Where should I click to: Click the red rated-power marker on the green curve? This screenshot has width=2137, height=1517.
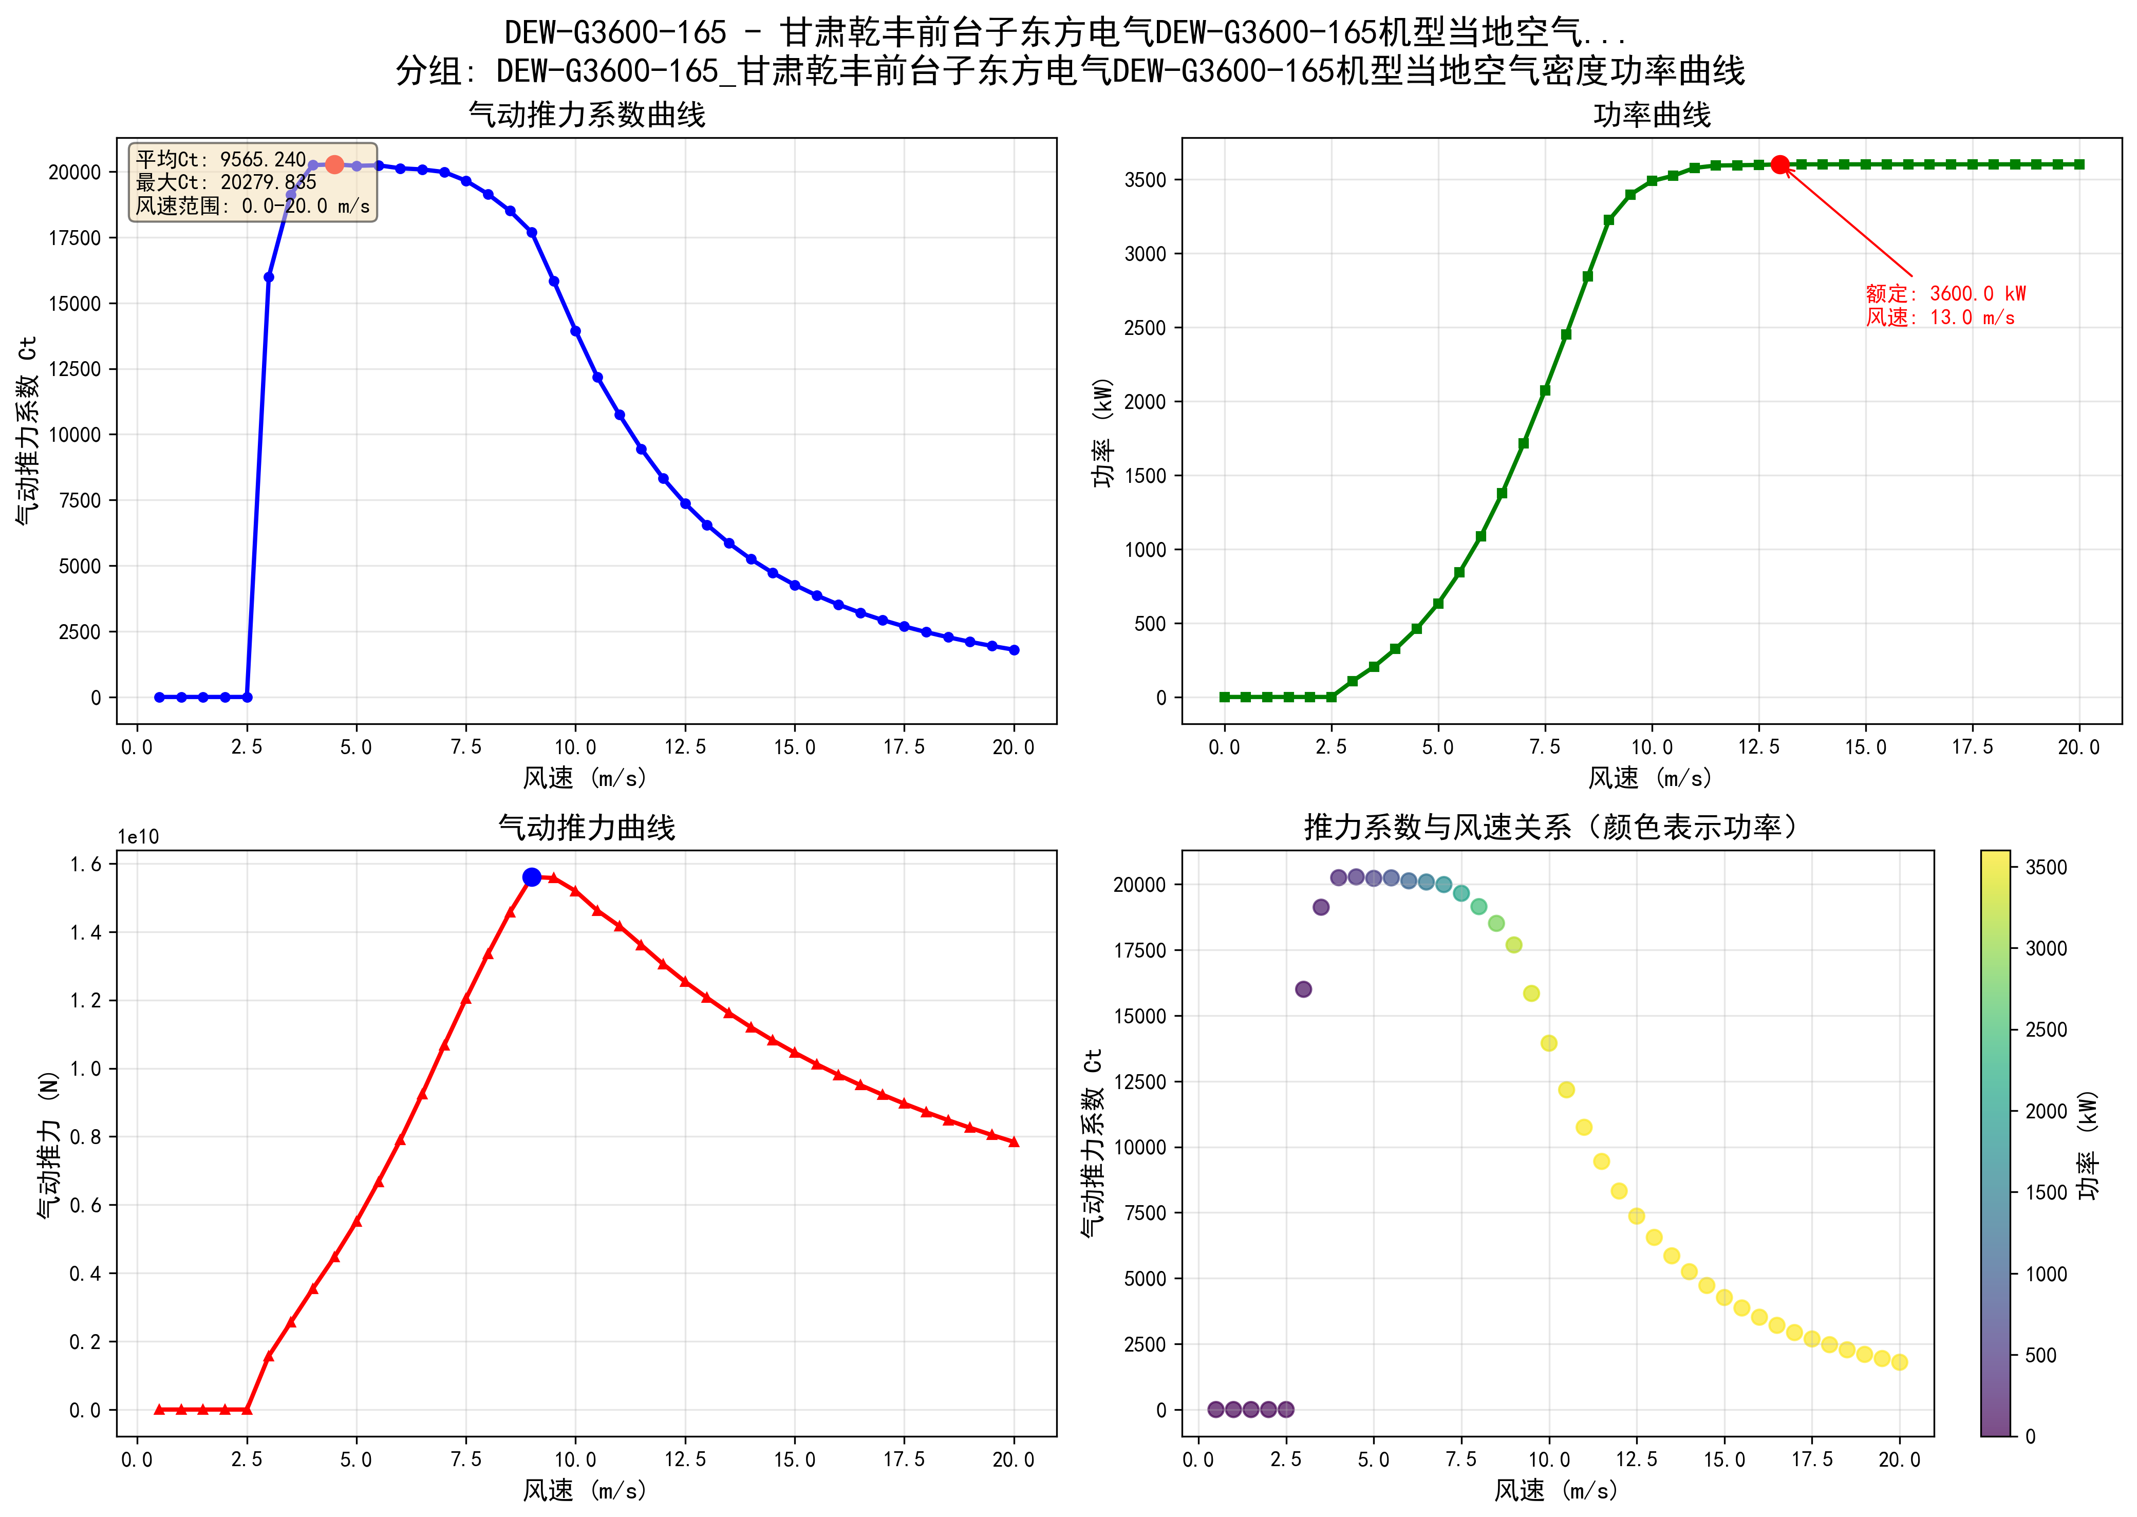(x=1780, y=164)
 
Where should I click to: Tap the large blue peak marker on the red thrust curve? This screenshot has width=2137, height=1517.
(x=532, y=877)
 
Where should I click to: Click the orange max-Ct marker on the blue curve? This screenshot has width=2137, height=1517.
(x=334, y=164)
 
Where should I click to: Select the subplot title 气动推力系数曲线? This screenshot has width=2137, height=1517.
(x=587, y=115)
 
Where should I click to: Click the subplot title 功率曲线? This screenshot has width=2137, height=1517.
(x=1652, y=115)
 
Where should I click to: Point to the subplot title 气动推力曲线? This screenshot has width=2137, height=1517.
(x=587, y=828)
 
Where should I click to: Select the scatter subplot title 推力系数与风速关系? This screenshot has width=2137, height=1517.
(x=1550, y=828)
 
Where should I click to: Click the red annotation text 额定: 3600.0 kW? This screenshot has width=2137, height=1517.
(x=1945, y=293)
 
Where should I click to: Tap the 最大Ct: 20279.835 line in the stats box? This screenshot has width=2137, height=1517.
(x=226, y=182)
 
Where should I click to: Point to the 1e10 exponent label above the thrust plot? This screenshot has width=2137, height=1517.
(x=138, y=837)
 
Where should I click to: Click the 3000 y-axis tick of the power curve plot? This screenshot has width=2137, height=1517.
(x=1145, y=254)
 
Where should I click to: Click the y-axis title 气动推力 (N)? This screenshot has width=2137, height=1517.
(x=49, y=1144)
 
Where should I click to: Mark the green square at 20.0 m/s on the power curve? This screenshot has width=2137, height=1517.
(x=2079, y=164)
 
